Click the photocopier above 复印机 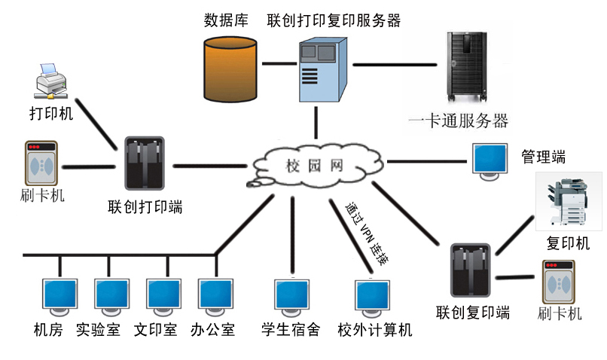tap(569, 201)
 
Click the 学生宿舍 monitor tap(293, 298)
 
